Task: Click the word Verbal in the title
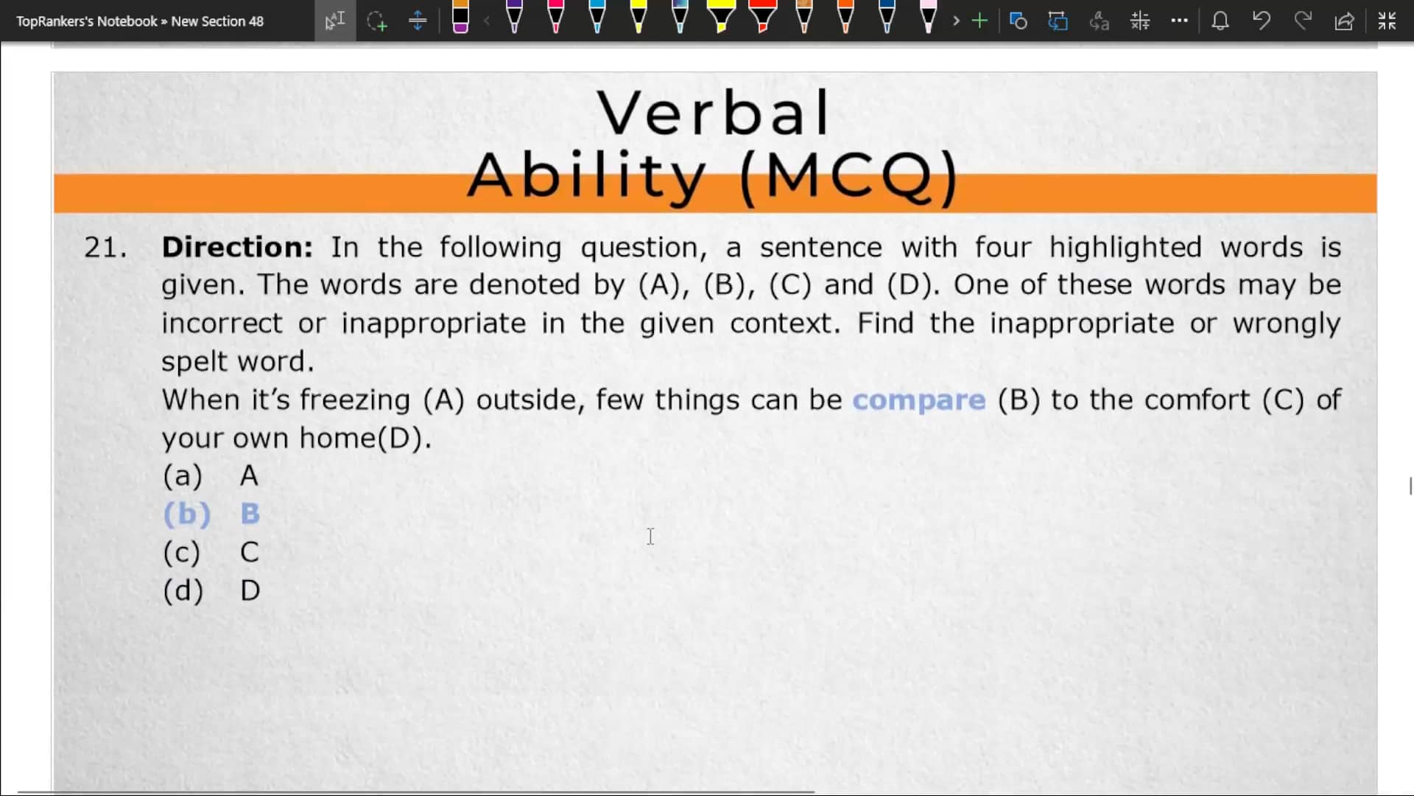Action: [x=713, y=113]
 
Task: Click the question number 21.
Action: [x=105, y=248]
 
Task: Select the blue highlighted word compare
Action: [x=918, y=399]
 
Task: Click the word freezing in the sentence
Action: [x=354, y=399]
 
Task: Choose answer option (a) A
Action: [x=211, y=476]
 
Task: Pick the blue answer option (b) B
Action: [x=211, y=514]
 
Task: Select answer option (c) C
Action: [x=211, y=552]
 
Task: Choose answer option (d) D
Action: [x=211, y=590]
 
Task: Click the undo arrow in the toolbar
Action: [x=1262, y=21]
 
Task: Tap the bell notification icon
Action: [x=1220, y=21]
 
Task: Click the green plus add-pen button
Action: [x=979, y=21]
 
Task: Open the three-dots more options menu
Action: [x=1179, y=21]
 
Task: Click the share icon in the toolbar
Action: [x=1344, y=21]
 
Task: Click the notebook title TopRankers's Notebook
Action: [x=87, y=21]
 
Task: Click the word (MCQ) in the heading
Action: [x=848, y=177]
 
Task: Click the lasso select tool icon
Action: [x=376, y=21]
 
